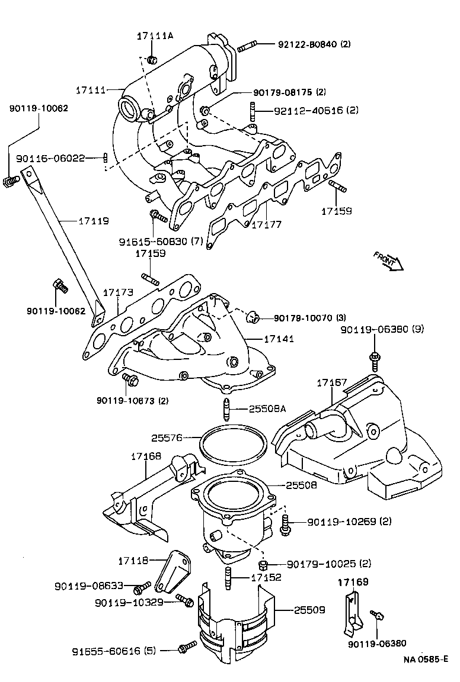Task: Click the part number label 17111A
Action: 155,36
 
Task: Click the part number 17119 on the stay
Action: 94,221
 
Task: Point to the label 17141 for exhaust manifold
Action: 278,339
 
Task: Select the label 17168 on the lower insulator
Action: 146,456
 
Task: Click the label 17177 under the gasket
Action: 267,225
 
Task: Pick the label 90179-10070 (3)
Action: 308,318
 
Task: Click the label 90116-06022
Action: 51,158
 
